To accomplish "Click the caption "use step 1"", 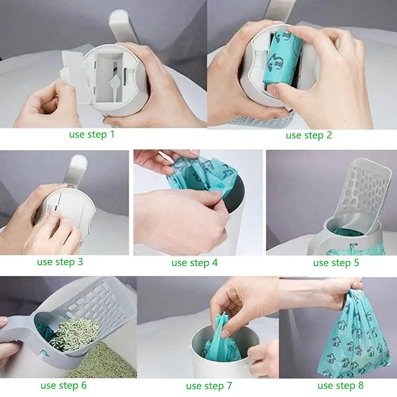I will click(x=92, y=135).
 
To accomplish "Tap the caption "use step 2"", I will click(x=308, y=135).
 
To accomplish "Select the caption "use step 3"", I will click(x=60, y=262).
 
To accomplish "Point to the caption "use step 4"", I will click(x=195, y=263).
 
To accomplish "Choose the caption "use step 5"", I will click(x=336, y=263).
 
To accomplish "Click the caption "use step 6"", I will click(x=64, y=385).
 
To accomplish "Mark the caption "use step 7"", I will click(x=209, y=386).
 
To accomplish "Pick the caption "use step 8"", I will click(x=340, y=385).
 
